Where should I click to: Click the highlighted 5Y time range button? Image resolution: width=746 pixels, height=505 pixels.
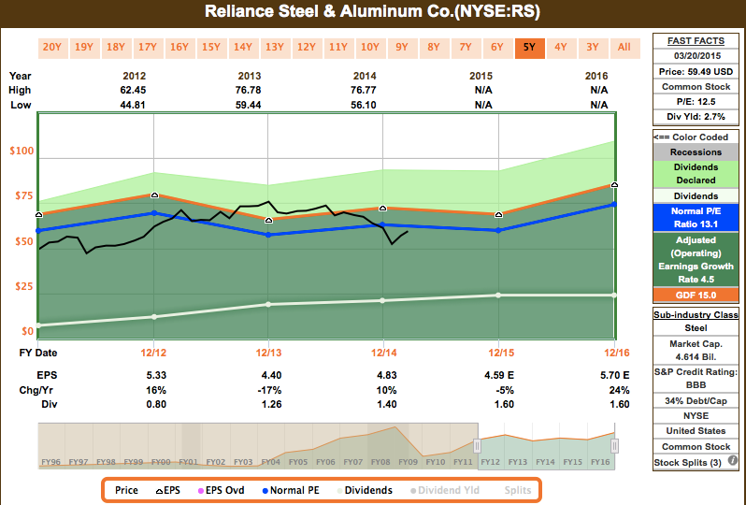tap(529, 47)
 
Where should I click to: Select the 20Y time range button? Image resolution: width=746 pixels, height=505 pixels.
tap(52, 47)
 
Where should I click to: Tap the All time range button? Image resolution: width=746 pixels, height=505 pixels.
tap(624, 47)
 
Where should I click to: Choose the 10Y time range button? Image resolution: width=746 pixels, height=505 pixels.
tap(370, 47)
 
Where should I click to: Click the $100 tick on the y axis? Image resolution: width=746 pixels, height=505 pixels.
tap(21, 151)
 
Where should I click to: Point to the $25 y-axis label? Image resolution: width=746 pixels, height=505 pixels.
tap(21, 286)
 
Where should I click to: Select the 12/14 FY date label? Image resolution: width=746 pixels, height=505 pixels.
tap(383, 353)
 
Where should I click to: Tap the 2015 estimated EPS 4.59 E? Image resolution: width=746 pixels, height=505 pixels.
tap(497, 373)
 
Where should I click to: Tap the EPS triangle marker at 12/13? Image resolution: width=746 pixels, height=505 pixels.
tap(268, 220)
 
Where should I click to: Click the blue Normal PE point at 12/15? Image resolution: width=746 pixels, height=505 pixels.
tap(498, 230)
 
